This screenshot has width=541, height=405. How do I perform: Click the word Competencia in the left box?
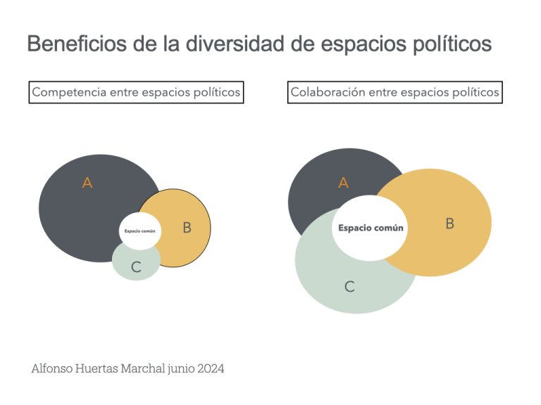pyautogui.click(x=69, y=92)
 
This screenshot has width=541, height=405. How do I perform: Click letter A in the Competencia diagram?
pyautogui.click(x=87, y=183)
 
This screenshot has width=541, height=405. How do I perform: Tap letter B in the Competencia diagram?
pyautogui.click(x=187, y=228)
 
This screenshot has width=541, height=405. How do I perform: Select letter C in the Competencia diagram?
pyautogui.click(x=136, y=267)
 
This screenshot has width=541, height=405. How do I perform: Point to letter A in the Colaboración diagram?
pyautogui.click(x=344, y=183)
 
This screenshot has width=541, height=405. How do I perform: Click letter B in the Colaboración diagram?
pyautogui.click(x=449, y=224)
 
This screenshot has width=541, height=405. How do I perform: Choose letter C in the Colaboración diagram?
pyautogui.click(x=349, y=286)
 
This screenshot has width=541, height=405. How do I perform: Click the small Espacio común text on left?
pyautogui.click(x=139, y=231)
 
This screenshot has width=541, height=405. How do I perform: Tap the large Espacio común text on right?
pyautogui.click(x=371, y=228)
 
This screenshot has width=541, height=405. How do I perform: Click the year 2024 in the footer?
pyautogui.click(x=211, y=368)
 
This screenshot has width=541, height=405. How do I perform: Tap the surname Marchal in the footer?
pyautogui.click(x=142, y=368)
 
